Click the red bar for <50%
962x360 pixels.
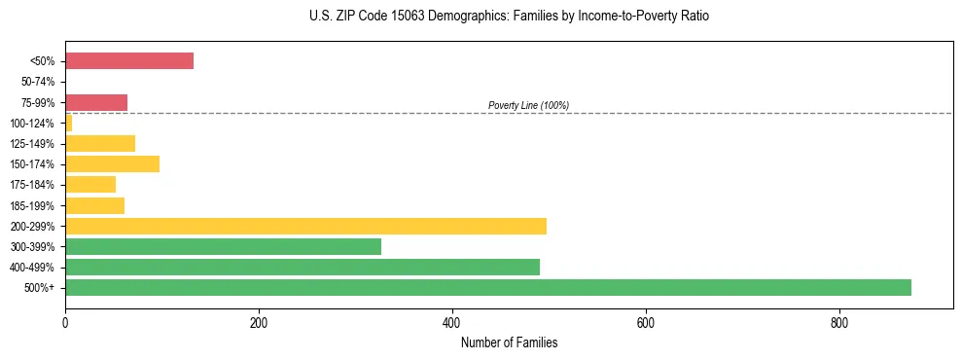(x=129, y=61)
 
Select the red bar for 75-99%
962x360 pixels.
(x=96, y=102)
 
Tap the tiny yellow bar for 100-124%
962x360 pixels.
(x=69, y=123)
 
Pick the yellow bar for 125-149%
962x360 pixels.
(x=100, y=144)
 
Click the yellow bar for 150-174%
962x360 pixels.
(x=112, y=164)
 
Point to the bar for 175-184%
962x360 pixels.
(x=90, y=185)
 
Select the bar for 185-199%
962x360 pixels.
(x=94, y=205)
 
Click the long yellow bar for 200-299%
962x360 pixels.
(x=305, y=226)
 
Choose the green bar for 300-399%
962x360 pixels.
(x=223, y=246)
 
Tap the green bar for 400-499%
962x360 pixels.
(x=303, y=267)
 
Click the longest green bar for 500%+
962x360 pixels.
(x=488, y=287)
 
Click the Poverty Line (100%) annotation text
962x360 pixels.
(x=528, y=105)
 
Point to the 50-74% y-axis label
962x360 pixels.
(x=39, y=82)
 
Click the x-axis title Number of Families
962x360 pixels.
(x=509, y=342)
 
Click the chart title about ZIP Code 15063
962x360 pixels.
(x=509, y=17)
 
